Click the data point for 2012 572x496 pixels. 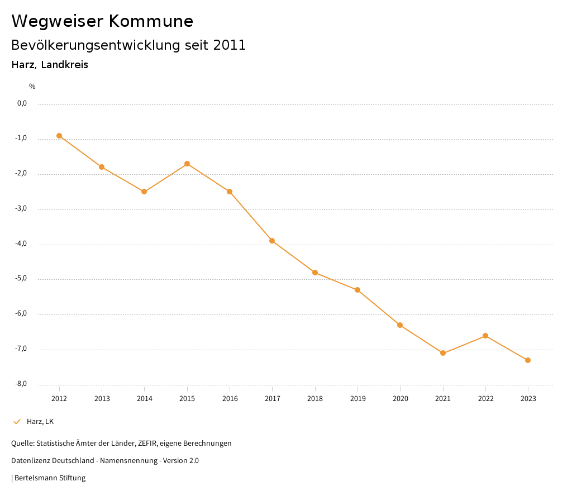59,136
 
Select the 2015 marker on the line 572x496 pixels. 187,164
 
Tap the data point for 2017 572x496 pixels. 272,241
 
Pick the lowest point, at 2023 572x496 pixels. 528,360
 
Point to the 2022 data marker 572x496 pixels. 485,336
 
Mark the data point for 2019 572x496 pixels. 357,290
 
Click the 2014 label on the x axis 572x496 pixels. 145,399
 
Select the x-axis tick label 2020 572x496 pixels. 401,399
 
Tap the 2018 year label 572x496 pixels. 315,399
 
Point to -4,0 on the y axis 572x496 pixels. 22,244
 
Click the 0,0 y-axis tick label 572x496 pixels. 22,103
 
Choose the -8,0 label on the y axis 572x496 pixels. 22,384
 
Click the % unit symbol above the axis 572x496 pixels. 32,87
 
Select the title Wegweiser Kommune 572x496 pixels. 102,21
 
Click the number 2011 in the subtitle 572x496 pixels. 230,45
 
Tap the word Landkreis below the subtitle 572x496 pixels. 65,65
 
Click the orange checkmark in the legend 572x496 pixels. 17,422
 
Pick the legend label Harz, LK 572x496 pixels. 40,422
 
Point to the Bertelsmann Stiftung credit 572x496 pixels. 50,478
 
